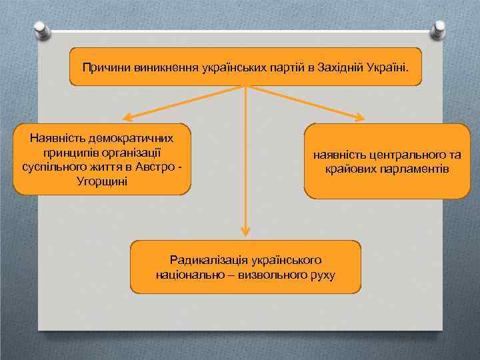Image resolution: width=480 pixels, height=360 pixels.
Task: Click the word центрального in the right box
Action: coord(402,155)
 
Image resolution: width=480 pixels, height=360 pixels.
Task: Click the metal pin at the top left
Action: coord(39,29)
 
